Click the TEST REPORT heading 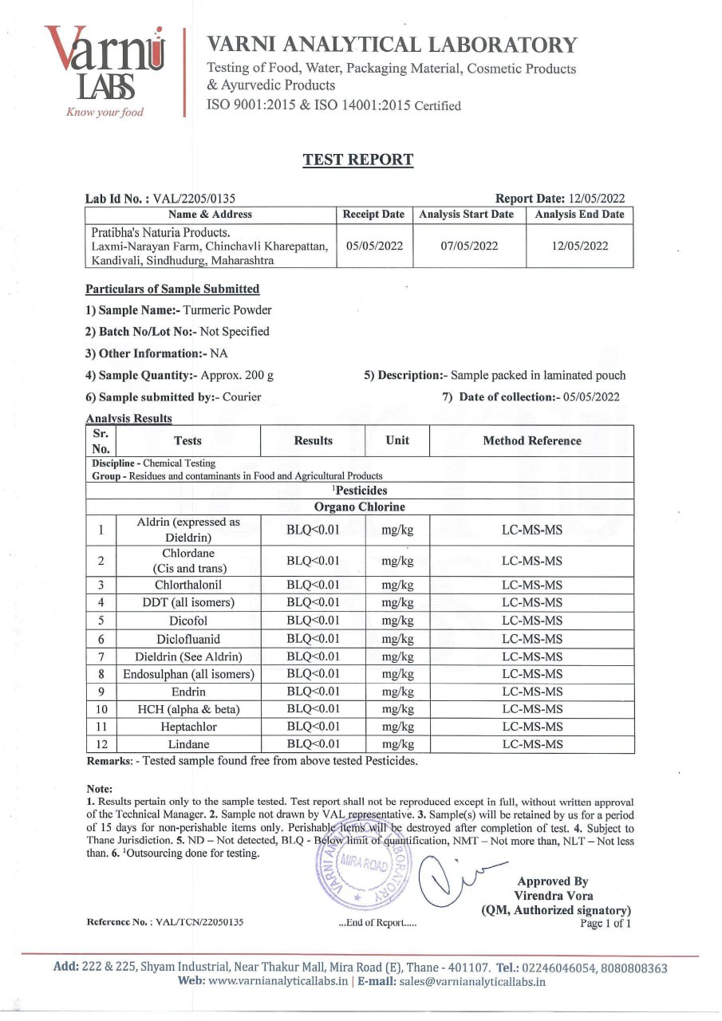tap(357, 160)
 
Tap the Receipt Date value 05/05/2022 tap(374, 246)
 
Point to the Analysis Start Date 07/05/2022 tap(469, 246)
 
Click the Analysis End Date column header tap(579, 215)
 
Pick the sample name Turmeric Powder tap(227, 310)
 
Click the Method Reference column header tap(532, 440)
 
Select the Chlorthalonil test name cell tap(187, 585)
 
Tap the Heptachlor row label tap(187, 727)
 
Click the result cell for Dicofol tap(313, 621)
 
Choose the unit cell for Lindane tap(397, 744)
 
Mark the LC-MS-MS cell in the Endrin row tap(532, 692)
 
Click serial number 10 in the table tap(101, 709)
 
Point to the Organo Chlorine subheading tap(360, 507)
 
